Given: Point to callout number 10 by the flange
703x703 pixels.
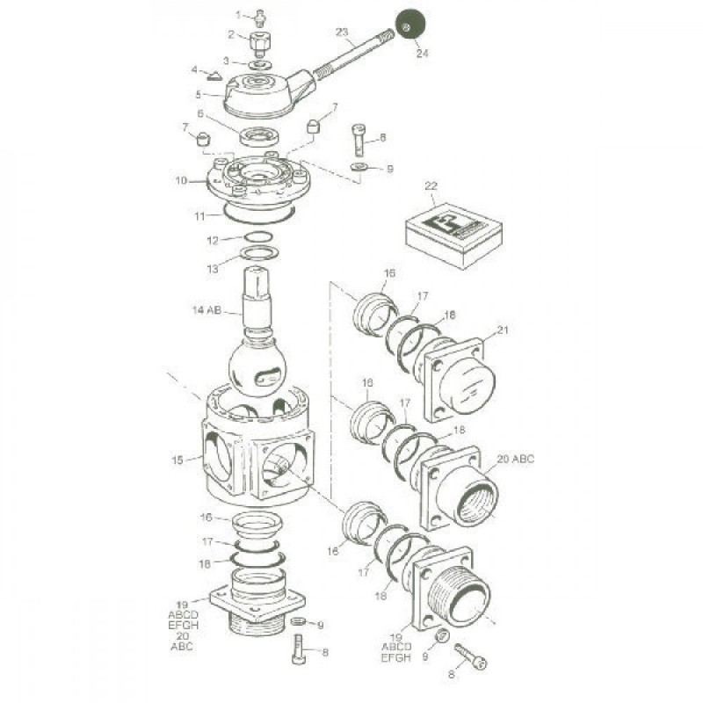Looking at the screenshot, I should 181,181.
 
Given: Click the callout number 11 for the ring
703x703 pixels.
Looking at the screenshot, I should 201,216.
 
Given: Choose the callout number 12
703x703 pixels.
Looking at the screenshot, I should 213,239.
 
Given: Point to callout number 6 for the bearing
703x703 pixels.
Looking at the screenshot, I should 200,114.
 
